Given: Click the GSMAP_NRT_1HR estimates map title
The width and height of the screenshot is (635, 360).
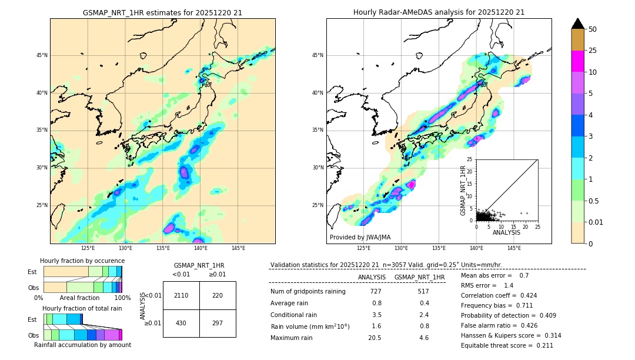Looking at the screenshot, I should click(x=162, y=12).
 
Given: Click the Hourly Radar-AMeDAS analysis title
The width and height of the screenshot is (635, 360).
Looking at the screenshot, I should click(x=439, y=12).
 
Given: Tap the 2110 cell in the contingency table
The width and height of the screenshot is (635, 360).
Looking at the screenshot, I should click(x=181, y=295).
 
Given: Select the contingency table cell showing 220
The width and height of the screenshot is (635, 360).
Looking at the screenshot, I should click(x=218, y=295).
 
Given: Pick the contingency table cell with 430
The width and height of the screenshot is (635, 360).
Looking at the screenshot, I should click(x=181, y=324).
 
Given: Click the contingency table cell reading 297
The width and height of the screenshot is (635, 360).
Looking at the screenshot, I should click(x=218, y=324).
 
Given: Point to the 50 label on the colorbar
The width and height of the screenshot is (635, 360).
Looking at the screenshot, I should click(x=593, y=29).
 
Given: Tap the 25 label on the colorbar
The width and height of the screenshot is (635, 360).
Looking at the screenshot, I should click(x=593, y=51).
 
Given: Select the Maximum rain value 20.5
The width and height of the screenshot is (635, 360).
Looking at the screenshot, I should click(x=376, y=338).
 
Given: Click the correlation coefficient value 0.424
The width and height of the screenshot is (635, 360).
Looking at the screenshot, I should click(x=524, y=296).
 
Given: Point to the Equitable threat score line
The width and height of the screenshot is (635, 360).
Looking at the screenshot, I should click(x=507, y=346).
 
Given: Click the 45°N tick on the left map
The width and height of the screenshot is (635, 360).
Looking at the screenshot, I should click(x=42, y=55).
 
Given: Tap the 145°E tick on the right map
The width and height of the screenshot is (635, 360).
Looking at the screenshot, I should click(x=514, y=248).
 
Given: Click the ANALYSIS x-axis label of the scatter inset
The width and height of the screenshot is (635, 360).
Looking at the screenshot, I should click(x=506, y=232).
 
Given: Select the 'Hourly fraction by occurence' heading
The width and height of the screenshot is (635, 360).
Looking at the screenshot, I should click(x=82, y=261).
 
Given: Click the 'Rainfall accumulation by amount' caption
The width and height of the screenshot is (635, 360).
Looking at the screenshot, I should click(x=82, y=345).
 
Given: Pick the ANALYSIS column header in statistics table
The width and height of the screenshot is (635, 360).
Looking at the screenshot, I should click(x=372, y=277).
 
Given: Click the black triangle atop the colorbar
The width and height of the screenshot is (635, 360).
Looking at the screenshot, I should click(x=578, y=24).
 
